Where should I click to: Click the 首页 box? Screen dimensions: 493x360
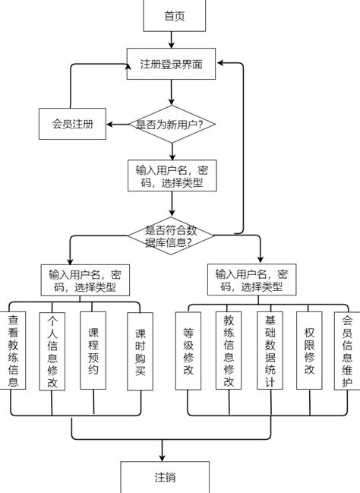tap(174, 16)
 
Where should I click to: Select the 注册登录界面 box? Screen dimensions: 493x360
tap(172, 63)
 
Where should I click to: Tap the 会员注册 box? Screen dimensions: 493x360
tap(72, 124)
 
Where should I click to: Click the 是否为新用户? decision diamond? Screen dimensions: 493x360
tap(174, 124)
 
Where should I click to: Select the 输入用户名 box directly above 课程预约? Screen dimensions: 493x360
tap(85, 281)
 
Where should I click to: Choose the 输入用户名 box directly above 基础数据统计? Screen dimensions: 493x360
tap(251, 281)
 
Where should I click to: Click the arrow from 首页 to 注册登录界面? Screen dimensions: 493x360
tap(173, 40)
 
